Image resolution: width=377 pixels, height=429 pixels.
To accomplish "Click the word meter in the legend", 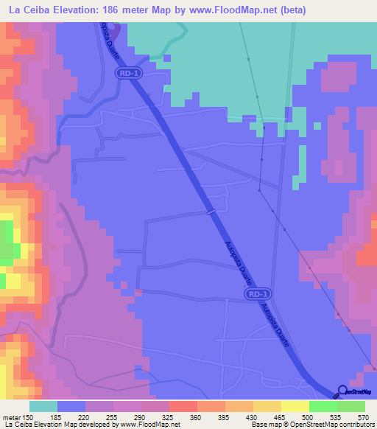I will tap(10, 416).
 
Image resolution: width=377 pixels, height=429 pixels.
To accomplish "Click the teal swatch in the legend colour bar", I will tap(43, 406).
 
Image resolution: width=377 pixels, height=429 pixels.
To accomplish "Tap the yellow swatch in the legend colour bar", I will tap(295, 406).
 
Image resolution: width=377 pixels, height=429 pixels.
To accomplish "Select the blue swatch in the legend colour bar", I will tap(71, 406).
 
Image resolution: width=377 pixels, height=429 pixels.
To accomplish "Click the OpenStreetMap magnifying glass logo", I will tap(342, 391).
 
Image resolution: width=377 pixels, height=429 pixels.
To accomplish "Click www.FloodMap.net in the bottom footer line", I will tap(150, 425).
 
